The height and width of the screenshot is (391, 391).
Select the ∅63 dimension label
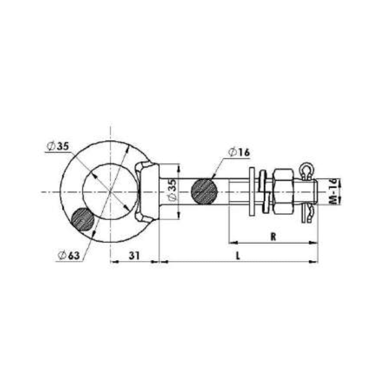pyautogui.click(x=68, y=255)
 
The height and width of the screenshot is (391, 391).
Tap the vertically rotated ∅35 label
pyautogui.click(x=171, y=191)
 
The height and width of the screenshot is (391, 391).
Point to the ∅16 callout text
pyautogui.click(x=239, y=152)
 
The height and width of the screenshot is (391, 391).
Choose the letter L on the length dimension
pyautogui.click(x=237, y=255)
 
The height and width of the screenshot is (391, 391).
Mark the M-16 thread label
pyautogui.click(x=333, y=191)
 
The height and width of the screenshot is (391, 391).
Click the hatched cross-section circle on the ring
pyautogui.click(x=83, y=220)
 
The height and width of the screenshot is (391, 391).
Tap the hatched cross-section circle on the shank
pyautogui.click(x=204, y=192)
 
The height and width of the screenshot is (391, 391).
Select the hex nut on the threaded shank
pyautogui.click(x=283, y=191)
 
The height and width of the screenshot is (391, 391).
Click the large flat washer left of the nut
pyautogui.click(x=252, y=191)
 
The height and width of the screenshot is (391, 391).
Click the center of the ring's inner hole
pyautogui.click(x=110, y=191)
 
